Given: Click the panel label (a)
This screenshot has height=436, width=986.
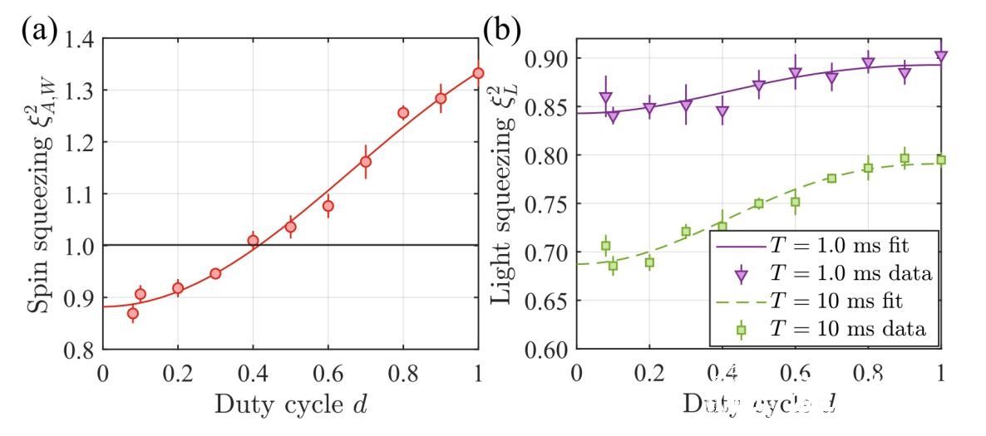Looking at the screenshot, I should (x=39, y=31).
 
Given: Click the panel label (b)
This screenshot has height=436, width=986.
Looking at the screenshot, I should (x=502, y=31).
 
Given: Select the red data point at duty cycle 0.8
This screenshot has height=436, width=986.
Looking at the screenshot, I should (x=403, y=113).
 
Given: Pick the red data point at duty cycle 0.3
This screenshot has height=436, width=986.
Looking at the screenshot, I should (x=215, y=273).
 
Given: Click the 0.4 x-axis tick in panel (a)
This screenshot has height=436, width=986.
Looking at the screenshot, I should (x=253, y=372).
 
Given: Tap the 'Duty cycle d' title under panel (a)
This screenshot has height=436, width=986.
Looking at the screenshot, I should (x=290, y=405).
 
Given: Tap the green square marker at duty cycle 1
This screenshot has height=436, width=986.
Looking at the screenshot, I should (x=941, y=159).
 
